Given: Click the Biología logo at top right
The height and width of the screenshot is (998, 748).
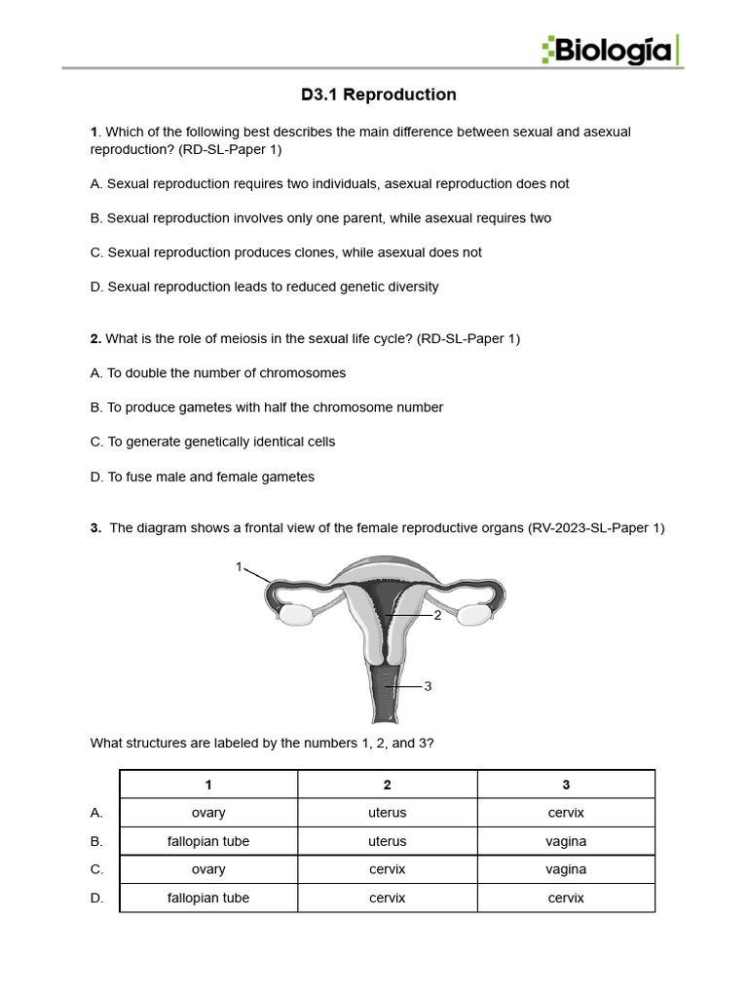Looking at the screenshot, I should click(611, 49).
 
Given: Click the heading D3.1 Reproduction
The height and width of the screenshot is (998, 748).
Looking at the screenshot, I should click(379, 95).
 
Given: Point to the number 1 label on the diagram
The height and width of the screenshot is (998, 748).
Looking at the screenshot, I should click(239, 566).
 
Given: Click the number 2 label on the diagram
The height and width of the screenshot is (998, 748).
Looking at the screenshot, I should click(437, 615).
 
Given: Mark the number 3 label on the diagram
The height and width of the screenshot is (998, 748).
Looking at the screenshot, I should click(428, 686).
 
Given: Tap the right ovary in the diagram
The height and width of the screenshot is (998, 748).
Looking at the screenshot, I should click(476, 615).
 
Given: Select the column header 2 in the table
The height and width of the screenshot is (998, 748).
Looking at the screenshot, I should click(388, 785).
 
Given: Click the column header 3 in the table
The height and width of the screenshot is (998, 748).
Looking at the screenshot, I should click(566, 785).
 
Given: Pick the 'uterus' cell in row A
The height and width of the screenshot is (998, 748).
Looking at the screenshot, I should click(388, 813).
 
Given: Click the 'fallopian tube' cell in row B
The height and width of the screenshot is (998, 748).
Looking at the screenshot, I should click(208, 841).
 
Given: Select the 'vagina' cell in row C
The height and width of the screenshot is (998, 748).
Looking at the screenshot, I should click(566, 869).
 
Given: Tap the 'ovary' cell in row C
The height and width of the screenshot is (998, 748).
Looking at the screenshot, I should click(208, 869).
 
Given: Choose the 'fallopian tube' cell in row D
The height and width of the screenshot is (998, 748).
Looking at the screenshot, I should click(208, 898).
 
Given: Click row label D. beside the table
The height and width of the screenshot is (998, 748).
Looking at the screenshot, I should click(96, 898).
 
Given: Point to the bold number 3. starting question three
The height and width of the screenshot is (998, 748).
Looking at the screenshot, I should click(95, 528).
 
